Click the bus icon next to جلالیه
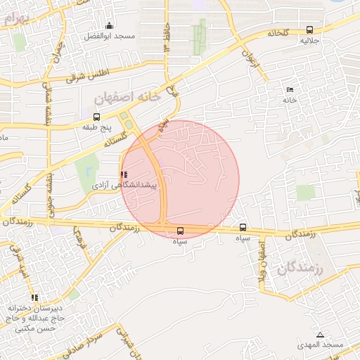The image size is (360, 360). pyautogui.click(x=310, y=30)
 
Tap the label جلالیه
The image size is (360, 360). pyautogui.click(x=310, y=41)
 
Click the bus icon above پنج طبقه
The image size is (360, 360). pyautogui.click(x=96, y=117)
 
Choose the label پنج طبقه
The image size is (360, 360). pyautogui.click(x=96, y=129)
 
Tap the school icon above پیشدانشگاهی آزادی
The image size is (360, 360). pyautogui.click(x=124, y=174)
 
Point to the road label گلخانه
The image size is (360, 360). pyautogui.click(x=278, y=33)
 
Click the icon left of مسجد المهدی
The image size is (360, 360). pyautogui.click(x=321, y=335)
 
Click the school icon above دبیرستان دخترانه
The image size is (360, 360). pyautogui.click(x=35, y=297)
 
